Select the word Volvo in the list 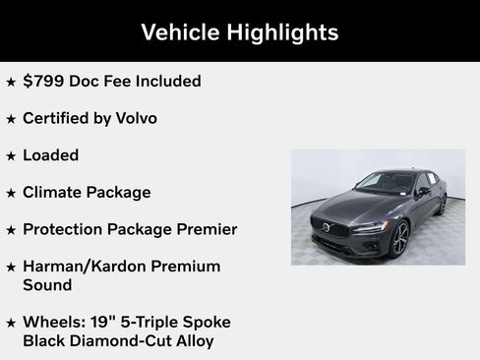(x=133, y=118)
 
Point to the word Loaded (x=50, y=155)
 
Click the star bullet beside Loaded (x=11, y=155)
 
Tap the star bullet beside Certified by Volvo (x=11, y=118)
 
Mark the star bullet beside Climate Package (x=11, y=193)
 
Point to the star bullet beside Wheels (x=11, y=323)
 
